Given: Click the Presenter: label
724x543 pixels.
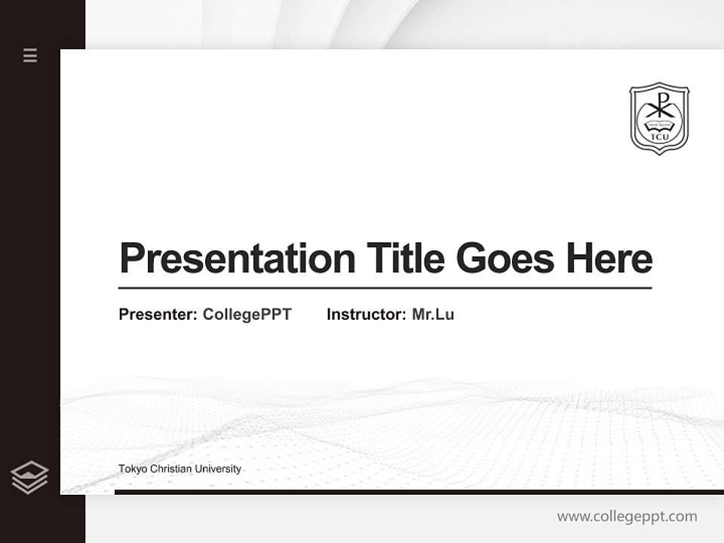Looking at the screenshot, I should pos(158,314).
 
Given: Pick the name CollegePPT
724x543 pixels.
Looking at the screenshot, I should pos(247,314).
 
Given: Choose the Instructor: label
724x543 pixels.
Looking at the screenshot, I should pos(366,314).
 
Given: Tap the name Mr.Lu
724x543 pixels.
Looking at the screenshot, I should pos(433,314).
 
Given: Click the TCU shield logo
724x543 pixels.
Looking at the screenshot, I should pos(659,118).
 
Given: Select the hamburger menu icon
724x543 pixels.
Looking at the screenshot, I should pos(30,55).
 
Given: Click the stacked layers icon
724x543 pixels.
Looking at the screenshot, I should pos(30,477).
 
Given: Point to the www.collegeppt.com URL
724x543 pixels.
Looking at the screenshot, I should pos(627,517).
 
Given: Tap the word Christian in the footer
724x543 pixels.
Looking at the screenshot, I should pos(170,469).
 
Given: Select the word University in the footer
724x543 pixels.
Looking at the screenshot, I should pos(218,469).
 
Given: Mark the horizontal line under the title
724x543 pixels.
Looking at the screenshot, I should pos(385,288).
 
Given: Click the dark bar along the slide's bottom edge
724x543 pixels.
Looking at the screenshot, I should pos(419,492).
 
